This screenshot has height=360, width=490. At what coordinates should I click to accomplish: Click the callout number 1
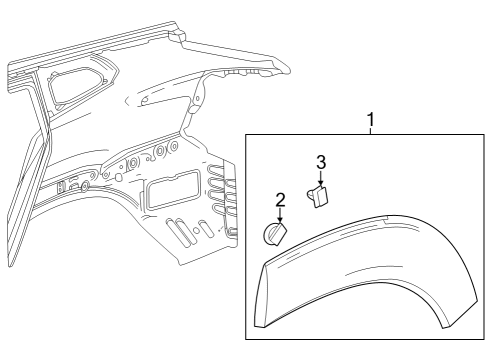click(372, 121)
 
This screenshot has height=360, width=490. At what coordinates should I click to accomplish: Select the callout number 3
click(320, 162)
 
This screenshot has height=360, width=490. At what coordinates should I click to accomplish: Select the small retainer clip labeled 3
click(322, 196)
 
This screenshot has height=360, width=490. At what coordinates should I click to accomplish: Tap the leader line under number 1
click(372, 132)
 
